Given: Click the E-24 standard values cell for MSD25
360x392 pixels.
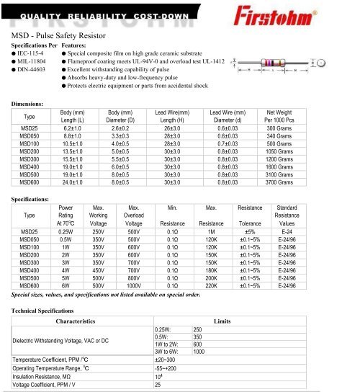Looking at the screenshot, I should (287, 231).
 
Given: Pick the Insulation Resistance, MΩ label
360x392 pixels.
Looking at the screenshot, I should (45, 376).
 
